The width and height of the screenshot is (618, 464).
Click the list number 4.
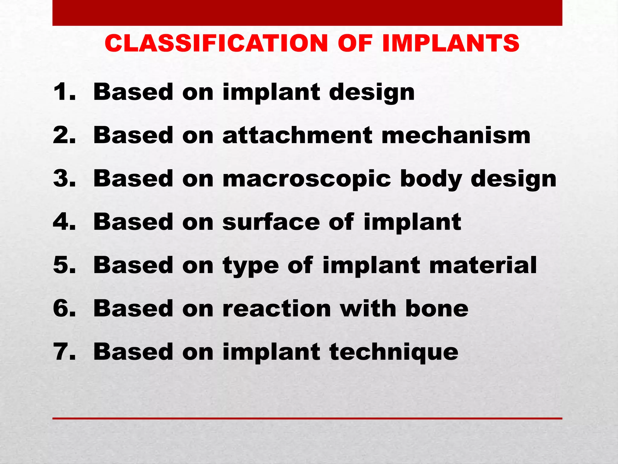tap(63, 222)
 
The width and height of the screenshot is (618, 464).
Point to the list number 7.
tap(63, 352)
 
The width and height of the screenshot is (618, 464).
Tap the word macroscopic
tap(306, 179)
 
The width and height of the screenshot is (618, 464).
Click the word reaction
tap(277, 308)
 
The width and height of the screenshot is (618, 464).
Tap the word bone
tap(437, 308)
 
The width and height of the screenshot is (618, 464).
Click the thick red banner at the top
tap(307, 13)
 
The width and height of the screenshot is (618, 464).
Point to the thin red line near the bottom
tap(307, 418)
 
